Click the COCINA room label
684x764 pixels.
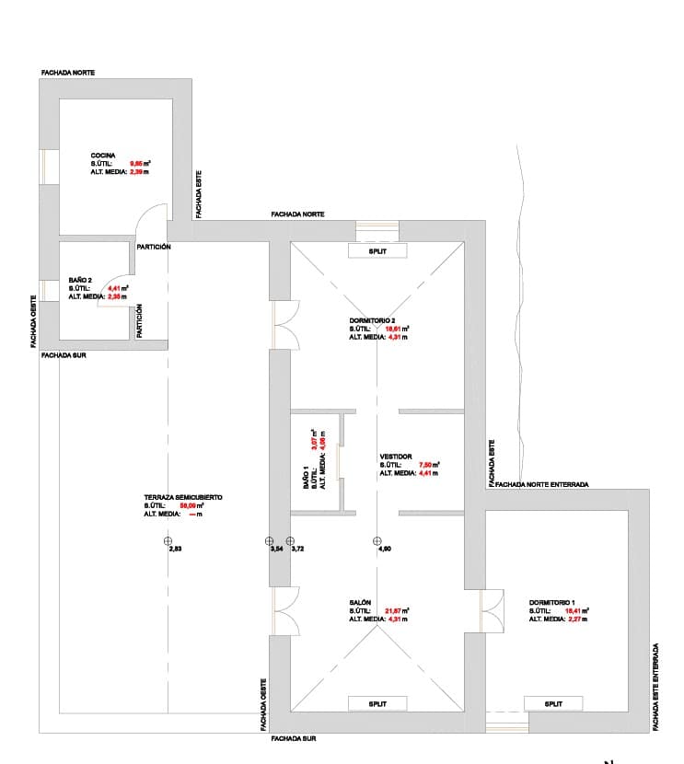pyautogui.click(x=102, y=155)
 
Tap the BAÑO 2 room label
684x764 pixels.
pyautogui.click(x=80, y=280)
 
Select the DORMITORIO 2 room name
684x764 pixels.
pyautogui.click(x=372, y=320)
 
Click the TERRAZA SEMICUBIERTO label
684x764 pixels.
pyautogui.click(x=182, y=497)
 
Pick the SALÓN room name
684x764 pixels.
pyautogui.click(x=360, y=602)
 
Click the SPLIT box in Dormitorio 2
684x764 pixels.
pyautogui.click(x=377, y=250)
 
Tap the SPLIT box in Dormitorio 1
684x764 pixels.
pyautogui.click(x=553, y=703)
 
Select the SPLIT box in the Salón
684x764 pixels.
pyautogui.click(x=377, y=703)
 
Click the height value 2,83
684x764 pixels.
pyautogui.click(x=175, y=549)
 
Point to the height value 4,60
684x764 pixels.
pyautogui.click(x=385, y=549)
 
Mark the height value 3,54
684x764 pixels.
pyautogui.click(x=275, y=549)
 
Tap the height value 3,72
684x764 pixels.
pyautogui.click(x=297, y=549)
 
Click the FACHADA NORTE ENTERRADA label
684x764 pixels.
pyautogui.click(x=541, y=484)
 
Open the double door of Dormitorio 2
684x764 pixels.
pyautogui.click(x=285, y=325)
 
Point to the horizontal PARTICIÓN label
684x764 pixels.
pyautogui.click(x=153, y=247)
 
